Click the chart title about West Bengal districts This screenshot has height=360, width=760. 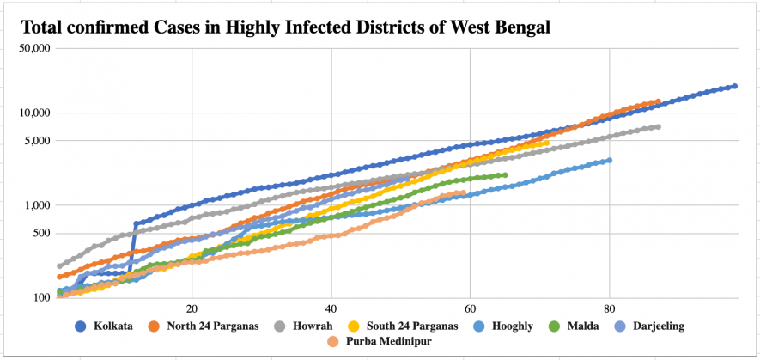[284, 27]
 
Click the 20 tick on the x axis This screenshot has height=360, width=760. [192, 309]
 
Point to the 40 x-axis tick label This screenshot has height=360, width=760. [331, 309]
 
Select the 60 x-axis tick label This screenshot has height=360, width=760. [470, 309]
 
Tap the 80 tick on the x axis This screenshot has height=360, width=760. [609, 309]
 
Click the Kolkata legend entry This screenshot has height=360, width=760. [106, 326]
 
